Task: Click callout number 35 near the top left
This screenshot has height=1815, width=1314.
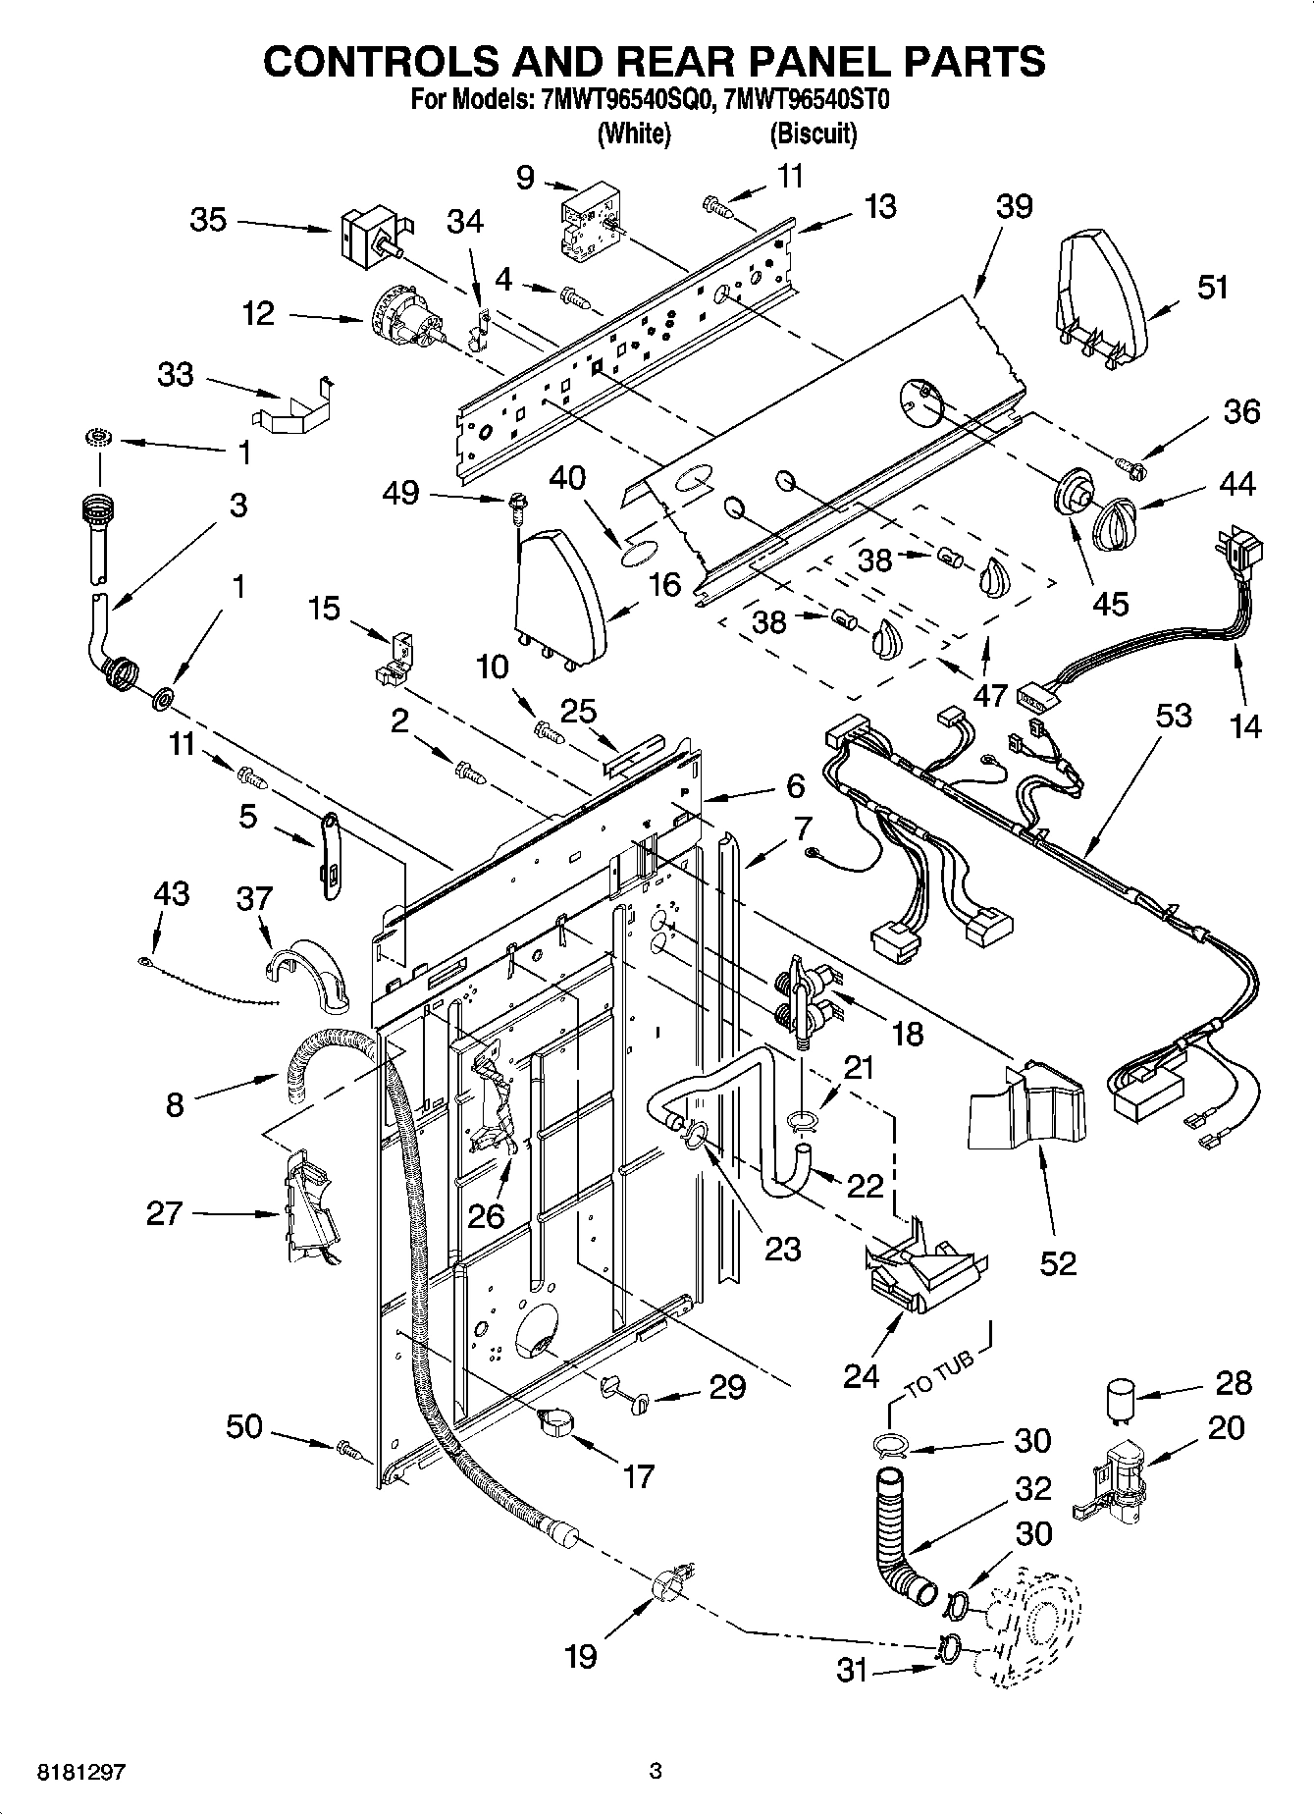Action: [208, 220]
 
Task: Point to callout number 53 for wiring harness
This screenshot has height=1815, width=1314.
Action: [1173, 717]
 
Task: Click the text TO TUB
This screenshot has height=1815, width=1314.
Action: [939, 1373]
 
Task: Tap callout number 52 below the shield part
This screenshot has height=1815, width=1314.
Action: [1058, 1261]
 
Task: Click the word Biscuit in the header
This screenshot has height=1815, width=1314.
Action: [813, 133]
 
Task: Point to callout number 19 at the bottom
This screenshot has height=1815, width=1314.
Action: [580, 1656]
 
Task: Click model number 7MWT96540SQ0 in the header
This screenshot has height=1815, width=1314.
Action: [623, 99]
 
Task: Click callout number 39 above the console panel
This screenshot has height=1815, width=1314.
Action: [1014, 207]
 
